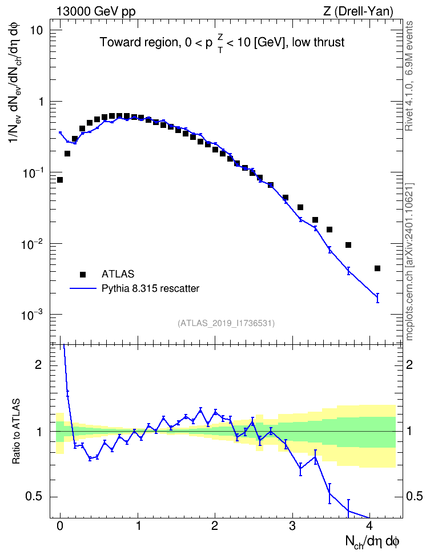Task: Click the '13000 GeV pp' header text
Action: [95, 12]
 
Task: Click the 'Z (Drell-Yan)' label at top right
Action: [358, 12]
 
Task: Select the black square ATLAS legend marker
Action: [83, 274]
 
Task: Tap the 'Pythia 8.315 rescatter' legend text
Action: [150, 288]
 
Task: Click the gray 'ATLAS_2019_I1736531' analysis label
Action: [226, 323]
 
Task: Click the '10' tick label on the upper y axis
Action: [36, 30]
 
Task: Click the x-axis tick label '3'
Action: [292, 526]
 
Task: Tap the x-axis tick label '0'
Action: [60, 526]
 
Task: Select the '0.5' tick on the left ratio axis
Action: [34, 497]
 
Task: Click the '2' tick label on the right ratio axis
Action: [409, 364]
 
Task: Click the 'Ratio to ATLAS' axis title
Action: [16, 431]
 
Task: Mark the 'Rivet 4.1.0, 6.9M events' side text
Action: [409, 76]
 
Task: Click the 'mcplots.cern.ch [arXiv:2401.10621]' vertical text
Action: [409, 262]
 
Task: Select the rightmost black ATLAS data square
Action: [377, 268]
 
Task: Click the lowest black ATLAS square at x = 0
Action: [60, 180]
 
